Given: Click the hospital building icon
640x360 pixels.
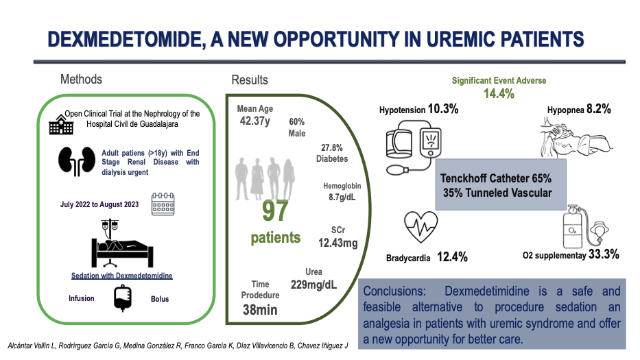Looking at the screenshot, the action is pyautogui.click(x=61, y=125).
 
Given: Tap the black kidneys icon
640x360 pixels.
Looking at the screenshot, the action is pyautogui.click(x=77, y=161).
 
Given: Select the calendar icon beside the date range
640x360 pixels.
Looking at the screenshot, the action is pyautogui.click(x=163, y=204).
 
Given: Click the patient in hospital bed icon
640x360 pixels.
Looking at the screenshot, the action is pyautogui.click(x=122, y=243).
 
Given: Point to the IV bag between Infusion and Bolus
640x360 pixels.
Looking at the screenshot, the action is pyautogui.click(x=123, y=298).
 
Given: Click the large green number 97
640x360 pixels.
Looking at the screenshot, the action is pyautogui.click(x=275, y=211).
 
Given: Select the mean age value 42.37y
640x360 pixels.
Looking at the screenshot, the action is pyautogui.click(x=255, y=121).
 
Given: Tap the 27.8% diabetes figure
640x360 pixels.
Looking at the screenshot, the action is pyautogui.click(x=332, y=147).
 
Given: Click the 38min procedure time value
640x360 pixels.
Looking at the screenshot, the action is pyautogui.click(x=260, y=310).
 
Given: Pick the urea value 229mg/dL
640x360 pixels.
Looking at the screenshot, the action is pyautogui.click(x=314, y=285).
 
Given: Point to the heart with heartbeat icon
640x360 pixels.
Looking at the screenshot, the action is pyautogui.click(x=420, y=227).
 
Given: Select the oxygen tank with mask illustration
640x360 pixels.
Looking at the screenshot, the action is pyautogui.click(x=586, y=226).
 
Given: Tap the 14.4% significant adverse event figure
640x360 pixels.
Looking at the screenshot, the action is pyautogui.click(x=499, y=93).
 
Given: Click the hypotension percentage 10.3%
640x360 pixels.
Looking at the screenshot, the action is pyautogui.click(x=443, y=109).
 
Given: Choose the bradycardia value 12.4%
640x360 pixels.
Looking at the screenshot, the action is pyautogui.click(x=452, y=256).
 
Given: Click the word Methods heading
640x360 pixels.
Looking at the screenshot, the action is pyautogui.click(x=81, y=79).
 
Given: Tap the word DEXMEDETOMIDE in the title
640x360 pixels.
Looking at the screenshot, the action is pyautogui.click(x=126, y=39).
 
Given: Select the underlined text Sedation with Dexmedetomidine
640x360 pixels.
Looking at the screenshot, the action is pyautogui.click(x=122, y=276).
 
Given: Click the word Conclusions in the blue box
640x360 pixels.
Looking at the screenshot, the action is pyautogui.click(x=394, y=291).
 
